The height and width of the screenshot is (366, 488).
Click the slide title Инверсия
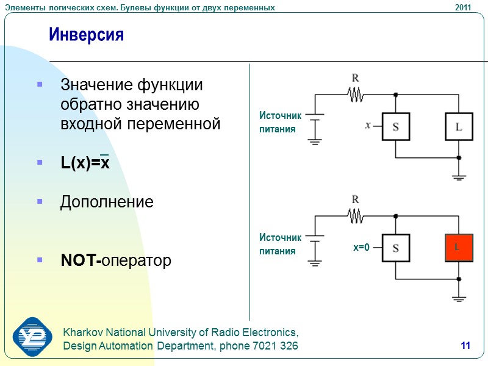coord(86,35)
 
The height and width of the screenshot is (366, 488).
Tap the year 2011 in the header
coord(463,7)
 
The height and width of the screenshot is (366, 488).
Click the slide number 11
coord(465,346)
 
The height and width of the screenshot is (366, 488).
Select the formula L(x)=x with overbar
coord(85,163)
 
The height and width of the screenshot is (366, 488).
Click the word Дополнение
coord(107,202)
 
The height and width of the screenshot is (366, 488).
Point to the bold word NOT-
coord(81,261)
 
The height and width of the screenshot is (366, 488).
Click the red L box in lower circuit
coord(459,248)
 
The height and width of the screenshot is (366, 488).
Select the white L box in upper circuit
coord(459,127)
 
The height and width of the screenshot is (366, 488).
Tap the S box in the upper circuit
coord(395,127)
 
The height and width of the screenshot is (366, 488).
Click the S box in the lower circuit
coord(395,248)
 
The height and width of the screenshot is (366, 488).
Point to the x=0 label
coord(362,248)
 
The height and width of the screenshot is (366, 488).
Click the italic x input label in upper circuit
coord(368,126)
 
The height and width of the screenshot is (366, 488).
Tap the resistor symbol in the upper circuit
coord(356,95)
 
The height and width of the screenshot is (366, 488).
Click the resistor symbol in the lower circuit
coord(356,215)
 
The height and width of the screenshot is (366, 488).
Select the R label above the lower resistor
coord(355,199)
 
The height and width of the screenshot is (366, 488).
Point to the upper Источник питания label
coord(281,122)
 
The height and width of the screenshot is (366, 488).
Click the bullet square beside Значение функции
coord(40,84)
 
